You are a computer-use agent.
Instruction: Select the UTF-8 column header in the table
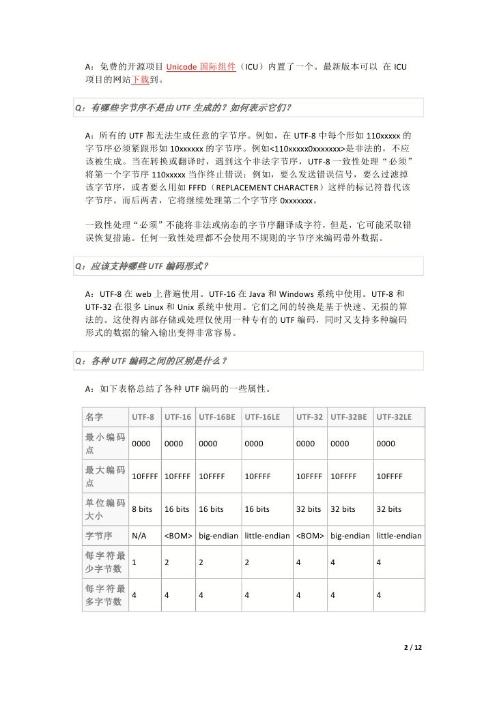(143, 416)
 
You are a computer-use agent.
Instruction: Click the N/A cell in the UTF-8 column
(139, 536)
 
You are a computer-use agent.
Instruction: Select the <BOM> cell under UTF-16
(178, 536)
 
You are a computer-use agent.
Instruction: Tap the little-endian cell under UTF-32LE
(399, 536)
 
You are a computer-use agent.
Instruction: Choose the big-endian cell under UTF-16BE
(219, 536)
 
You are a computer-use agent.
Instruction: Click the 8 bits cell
(142, 509)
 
